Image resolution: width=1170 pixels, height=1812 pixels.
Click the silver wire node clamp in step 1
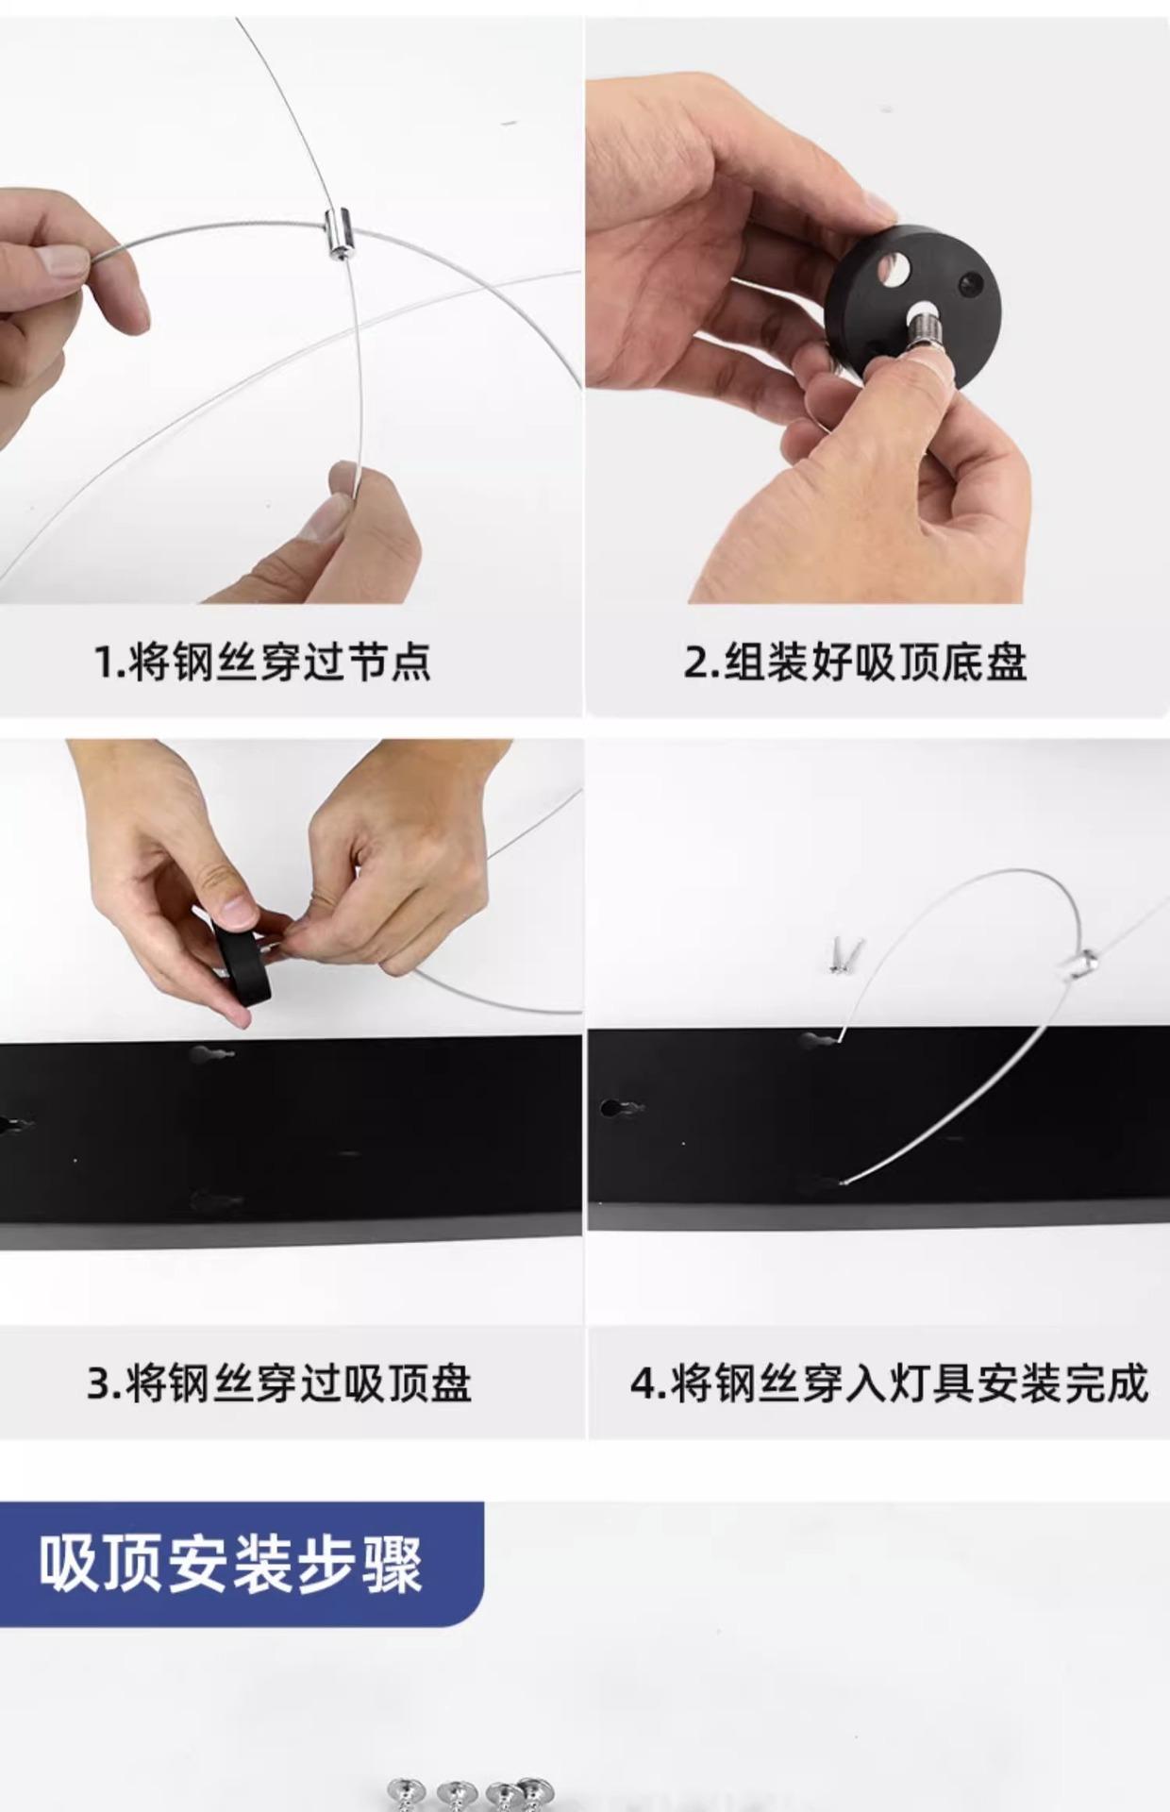[337, 234]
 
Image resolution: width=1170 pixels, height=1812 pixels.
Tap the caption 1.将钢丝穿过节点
[262, 662]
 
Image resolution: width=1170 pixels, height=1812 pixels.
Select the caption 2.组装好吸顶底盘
[855, 662]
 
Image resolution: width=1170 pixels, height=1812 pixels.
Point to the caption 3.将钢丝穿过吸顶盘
[279, 1384]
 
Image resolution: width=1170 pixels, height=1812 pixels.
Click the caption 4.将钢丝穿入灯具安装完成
[890, 1384]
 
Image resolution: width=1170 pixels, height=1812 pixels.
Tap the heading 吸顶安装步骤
[230, 1565]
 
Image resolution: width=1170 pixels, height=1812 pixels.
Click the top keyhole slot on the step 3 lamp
[210, 1053]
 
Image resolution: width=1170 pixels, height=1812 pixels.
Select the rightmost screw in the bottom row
[535, 1791]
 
